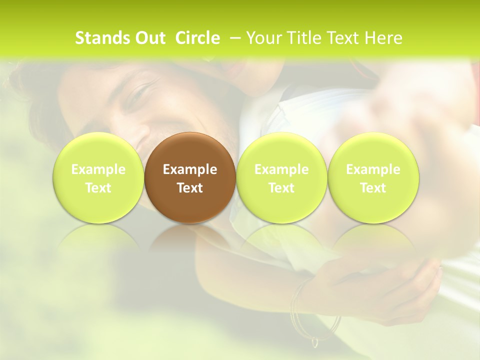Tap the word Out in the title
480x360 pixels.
pos(148,38)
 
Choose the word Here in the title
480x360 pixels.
pos(384,38)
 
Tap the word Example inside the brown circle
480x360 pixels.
pos(190,169)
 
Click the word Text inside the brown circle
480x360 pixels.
pos(190,188)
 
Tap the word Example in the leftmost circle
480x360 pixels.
pos(98,169)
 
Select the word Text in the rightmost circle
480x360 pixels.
pos(373,188)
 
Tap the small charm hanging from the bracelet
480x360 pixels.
pos(315,342)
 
